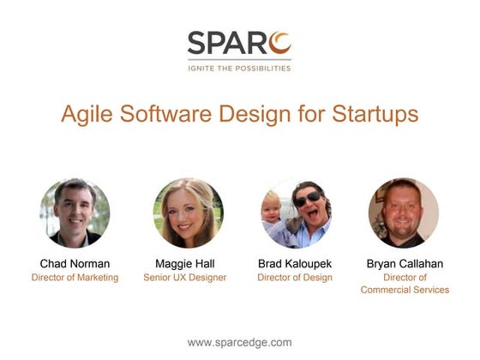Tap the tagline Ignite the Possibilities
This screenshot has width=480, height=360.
point(239,68)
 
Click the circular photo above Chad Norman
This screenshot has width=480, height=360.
point(75,213)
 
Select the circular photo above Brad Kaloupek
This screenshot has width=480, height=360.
point(296,213)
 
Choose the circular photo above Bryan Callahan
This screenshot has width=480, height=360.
point(404,213)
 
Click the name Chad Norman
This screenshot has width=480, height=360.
point(75,264)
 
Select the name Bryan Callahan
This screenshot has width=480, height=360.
point(405,264)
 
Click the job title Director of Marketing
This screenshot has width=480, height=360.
point(75,278)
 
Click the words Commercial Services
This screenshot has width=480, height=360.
point(405,290)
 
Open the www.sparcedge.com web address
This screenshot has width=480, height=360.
point(239,342)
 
